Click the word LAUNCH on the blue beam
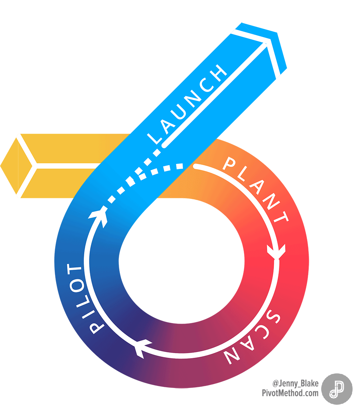187,104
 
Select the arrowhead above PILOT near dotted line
99,215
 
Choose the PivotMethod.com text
290,393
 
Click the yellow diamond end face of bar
16,166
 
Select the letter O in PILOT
76,285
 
